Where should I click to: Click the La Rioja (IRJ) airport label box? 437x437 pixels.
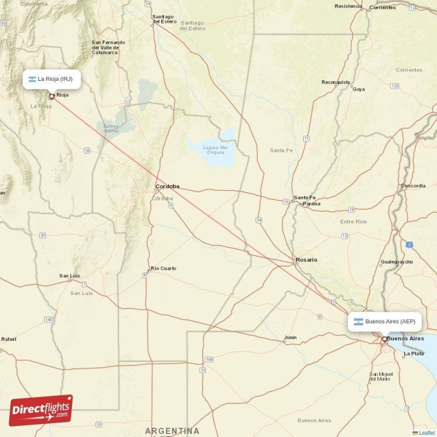pos(52,79)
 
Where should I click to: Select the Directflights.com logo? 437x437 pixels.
pos(41,410)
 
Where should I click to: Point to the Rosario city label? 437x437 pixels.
pos(306,260)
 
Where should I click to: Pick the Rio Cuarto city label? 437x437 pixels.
pos(163,268)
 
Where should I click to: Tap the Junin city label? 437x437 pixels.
pos(290,338)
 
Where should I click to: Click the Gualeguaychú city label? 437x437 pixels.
pos(397,262)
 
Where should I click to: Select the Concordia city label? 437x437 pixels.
pos(413,186)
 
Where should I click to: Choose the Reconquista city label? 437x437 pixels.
pos(335,82)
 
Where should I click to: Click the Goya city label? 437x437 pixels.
pos(359,89)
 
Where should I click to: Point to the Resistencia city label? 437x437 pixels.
pos(348,7)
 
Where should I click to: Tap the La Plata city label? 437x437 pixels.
pos(413,354)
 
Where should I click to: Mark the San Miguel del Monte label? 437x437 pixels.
pos(380,376)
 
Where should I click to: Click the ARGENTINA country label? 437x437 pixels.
pos(172,431)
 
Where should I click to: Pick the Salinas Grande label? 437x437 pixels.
pos(111,128)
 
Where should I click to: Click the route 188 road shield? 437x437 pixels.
pos(209,359)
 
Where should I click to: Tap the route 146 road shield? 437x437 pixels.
pos(49,319)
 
